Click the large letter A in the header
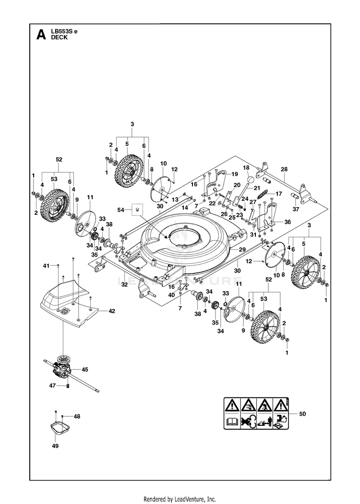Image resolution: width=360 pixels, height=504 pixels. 41,35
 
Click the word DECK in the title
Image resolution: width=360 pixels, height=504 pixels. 60,37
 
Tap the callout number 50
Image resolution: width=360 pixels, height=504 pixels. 302,414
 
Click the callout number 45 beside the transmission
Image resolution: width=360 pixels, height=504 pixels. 84,370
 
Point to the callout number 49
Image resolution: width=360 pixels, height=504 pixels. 55,446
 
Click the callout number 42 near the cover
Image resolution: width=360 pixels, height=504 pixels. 112,311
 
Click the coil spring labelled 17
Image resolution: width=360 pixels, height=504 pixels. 262,195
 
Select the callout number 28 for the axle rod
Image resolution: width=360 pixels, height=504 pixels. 284,169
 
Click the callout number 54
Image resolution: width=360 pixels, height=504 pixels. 120,210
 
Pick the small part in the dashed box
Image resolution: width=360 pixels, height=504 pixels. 137,210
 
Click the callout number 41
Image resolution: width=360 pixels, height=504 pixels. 47,266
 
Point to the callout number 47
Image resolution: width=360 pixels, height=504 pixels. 52,386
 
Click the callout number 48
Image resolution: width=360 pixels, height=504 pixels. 77,417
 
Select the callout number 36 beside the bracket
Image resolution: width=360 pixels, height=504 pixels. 288,222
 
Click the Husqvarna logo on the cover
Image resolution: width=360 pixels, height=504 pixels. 66,310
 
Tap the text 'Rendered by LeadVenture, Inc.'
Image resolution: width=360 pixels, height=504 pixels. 180,499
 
